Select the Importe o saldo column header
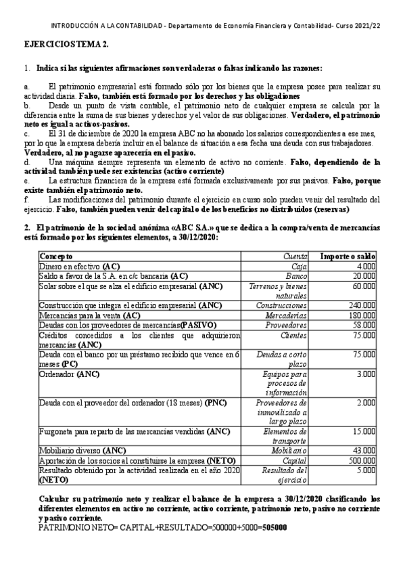[347, 257]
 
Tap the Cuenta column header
[295, 257]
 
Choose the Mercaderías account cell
[288, 315]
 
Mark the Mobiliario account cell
[288, 450]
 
